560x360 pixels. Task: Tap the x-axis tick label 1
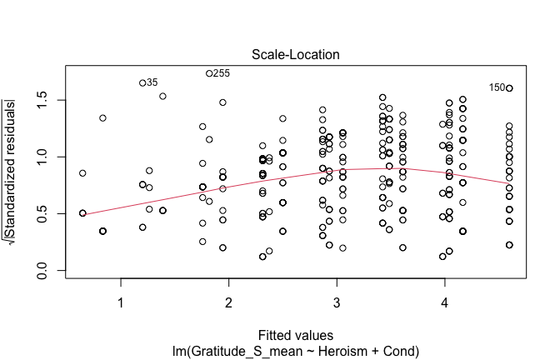click(121, 300)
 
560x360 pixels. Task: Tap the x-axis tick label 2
click(228, 300)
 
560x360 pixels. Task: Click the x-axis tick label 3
click(336, 300)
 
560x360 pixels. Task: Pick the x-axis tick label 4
click(444, 300)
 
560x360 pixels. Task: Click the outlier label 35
click(152, 82)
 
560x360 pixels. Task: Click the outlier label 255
click(222, 73)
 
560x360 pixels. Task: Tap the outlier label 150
click(497, 87)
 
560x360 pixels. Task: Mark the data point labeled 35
click(142, 82)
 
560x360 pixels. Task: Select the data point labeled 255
click(209, 73)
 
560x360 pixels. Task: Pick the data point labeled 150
click(509, 87)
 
